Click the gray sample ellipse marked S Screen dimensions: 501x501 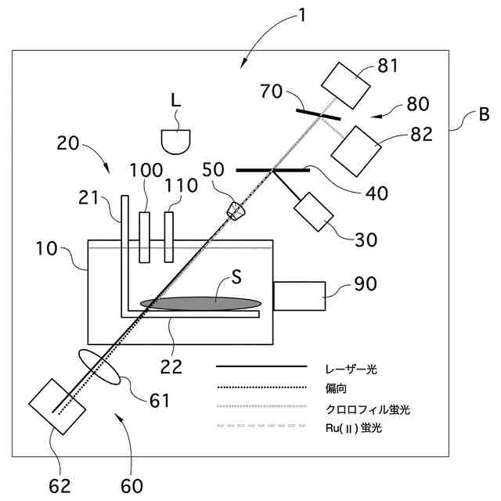[x=201, y=301]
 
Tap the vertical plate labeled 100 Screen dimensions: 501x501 [x=144, y=236]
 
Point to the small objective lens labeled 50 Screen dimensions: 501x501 [x=236, y=210]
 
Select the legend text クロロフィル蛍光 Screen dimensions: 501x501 [x=367, y=409]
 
